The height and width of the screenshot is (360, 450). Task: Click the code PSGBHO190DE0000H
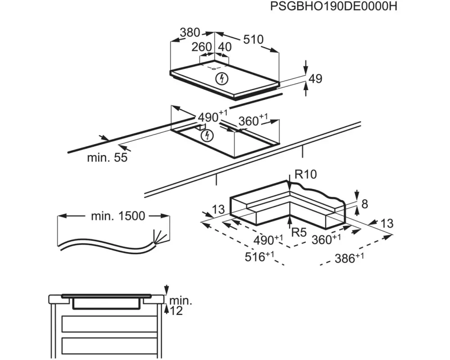(x=333, y=6)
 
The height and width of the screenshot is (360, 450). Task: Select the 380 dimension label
(x=190, y=32)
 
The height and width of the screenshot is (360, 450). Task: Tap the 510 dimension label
(x=253, y=39)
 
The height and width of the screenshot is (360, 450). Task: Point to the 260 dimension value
(x=202, y=47)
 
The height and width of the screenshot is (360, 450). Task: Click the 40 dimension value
(x=225, y=47)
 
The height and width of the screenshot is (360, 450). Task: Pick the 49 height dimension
(x=315, y=78)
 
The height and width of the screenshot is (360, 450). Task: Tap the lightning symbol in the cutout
(x=207, y=135)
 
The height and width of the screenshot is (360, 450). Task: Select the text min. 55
(x=107, y=157)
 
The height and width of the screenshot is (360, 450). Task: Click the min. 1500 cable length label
(x=118, y=216)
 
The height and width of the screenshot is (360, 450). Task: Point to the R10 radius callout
(x=306, y=174)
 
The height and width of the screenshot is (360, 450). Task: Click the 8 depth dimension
(x=364, y=204)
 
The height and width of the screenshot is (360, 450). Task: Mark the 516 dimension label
(x=259, y=256)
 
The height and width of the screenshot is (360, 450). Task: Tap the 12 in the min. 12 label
(x=176, y=310)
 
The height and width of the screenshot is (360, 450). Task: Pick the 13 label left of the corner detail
(x=218, y=209)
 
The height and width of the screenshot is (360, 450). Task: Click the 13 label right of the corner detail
(x=387, y=223)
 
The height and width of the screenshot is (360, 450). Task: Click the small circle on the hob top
(x=214, y=68)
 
